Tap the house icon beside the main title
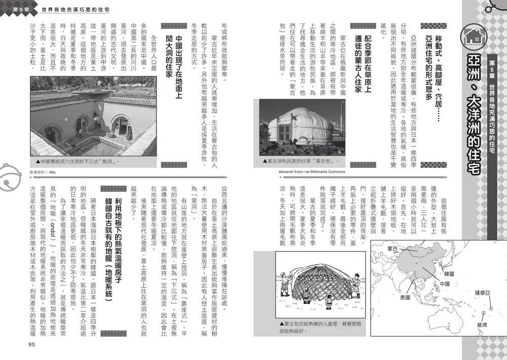(x=476, y=36)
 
